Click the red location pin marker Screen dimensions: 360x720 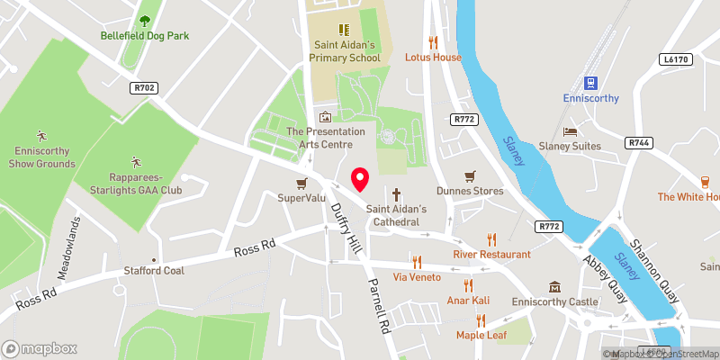click(360, 179)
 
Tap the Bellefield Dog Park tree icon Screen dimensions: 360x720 click(145, 21)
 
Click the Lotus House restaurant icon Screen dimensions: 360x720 click(433, 41)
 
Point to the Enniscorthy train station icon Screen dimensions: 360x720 click(592, 81)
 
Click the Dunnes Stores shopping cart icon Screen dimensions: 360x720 click(468, 175)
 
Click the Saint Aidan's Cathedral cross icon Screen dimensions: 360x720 click(396, 193)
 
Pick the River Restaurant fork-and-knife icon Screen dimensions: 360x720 click(491, 239)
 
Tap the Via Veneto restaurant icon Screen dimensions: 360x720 click(416, 262)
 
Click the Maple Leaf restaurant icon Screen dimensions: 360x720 click(481, 320)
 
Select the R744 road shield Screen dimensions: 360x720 click(639, 143)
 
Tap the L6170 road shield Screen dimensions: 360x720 click(672, 58)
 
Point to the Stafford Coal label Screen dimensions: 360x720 click(155, 269)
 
